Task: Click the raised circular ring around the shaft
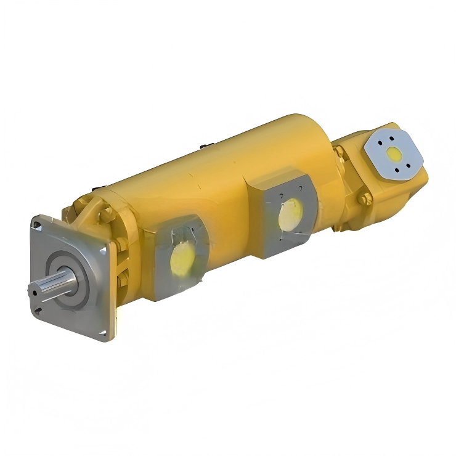coord(69,280)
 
